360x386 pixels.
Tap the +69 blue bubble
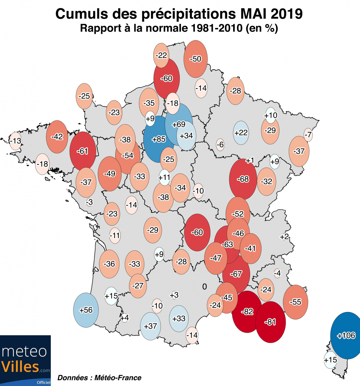(x=179, y=124)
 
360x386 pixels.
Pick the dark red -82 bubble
(x=247, y=311)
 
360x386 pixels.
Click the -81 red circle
(x=270, y=322)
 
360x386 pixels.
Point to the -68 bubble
(x=243, y=179)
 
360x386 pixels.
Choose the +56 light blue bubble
(x=86, y=310)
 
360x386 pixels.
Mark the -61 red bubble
(x=83, y=151)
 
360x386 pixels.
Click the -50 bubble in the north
(x=195, y=59)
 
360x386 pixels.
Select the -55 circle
(x=295, y=302)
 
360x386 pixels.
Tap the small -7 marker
(x=308, y=135)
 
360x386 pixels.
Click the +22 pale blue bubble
(x=241, y=133)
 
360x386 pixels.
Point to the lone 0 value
(x=204, y=286)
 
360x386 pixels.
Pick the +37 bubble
(x=150, y=326)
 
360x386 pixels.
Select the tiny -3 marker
(x=90, y=202)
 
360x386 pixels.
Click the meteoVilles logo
(x=25, y=360)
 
